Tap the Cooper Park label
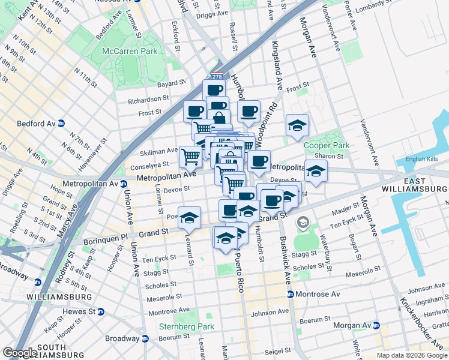326,145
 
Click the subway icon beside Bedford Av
61,124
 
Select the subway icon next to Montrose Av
290,294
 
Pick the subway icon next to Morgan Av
376,325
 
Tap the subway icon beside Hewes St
101,312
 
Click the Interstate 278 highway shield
217,76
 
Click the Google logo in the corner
20,353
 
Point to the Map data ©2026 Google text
411,355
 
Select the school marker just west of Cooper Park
297,126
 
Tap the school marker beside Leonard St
189,218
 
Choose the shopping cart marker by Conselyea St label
191,157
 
